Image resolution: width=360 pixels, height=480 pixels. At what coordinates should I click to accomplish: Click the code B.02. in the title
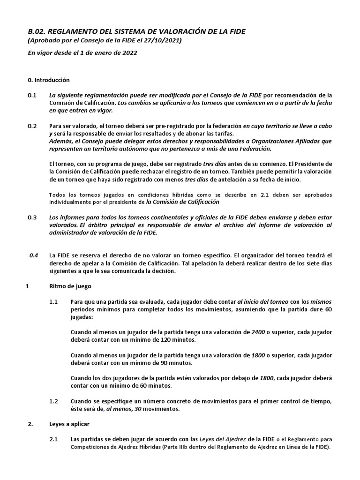(x=38, y=31)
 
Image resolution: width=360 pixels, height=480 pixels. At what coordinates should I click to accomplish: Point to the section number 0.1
(x=32, y=95)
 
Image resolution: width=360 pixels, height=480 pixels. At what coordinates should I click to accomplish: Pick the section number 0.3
(x=32, y=217)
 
